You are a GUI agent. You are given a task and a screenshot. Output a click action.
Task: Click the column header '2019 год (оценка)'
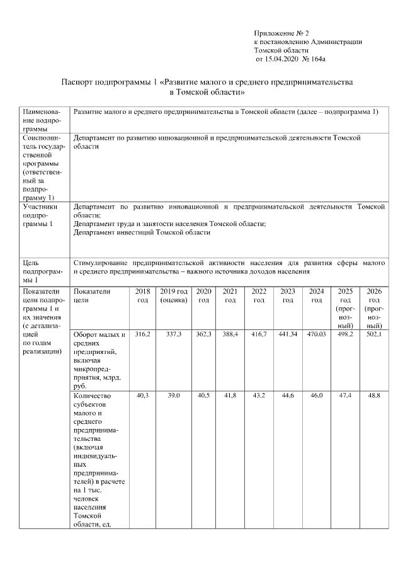pyautogui.click(x=174, y=296)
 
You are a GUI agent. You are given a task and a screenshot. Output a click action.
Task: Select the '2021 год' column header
pyautogui.click(x=230, y=296)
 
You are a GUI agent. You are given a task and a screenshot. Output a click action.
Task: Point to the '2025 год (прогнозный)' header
pyautogui.click(x=345, y=309)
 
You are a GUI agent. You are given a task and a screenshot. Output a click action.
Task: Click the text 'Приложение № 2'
pyautogui.click(x=281, y=33)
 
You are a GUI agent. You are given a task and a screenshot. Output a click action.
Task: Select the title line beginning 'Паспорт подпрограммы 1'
pyautogui.click(x=207, y=82)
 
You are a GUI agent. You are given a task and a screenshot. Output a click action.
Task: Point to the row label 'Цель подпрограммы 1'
pyautogui.click(x=39, y=270)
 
